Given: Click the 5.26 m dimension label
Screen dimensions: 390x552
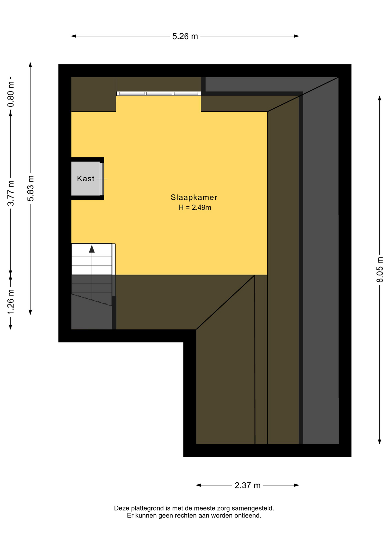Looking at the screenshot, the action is (x=185, y=37).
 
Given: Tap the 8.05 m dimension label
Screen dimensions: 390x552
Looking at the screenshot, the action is (x=380, y=270).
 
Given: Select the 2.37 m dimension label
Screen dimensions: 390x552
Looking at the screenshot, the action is (x=247, y=485).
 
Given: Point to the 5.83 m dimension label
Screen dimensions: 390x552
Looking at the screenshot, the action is (x=30, y=188).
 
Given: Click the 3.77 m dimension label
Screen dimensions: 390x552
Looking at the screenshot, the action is (x=11, y=193).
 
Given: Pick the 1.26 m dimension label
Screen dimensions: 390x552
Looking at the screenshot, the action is (x=11, y=302).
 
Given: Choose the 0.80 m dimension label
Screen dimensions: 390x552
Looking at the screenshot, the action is (x=11, y=94).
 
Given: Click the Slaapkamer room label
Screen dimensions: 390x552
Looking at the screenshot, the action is (x=194, y=197).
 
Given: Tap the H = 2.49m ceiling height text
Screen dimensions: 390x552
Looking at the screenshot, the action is (x=195, y=207).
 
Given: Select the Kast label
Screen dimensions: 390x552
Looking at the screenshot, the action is (x=86, y=179).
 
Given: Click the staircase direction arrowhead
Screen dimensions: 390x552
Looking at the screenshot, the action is (x=92, y=249).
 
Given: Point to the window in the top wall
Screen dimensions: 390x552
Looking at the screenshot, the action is (x=159, y=93).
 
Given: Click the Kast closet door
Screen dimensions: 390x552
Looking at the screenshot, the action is (x=102, y=179).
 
